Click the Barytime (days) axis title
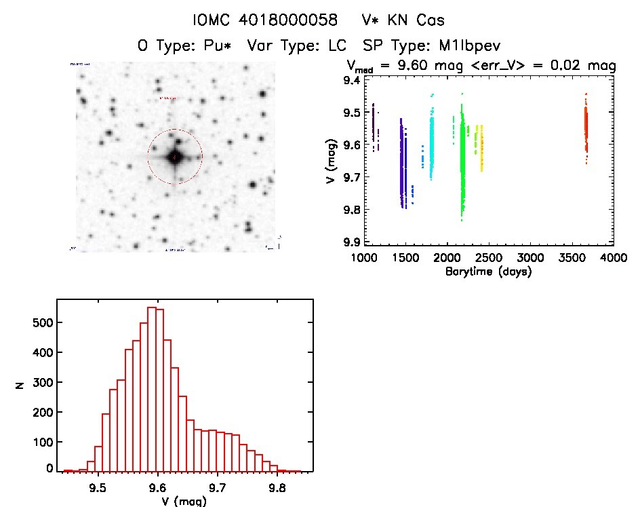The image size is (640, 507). [489, 272]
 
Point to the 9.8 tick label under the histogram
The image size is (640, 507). [276, 487]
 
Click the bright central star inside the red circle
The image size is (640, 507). [174, 157]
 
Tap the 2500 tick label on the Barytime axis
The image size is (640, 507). [488, 259]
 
